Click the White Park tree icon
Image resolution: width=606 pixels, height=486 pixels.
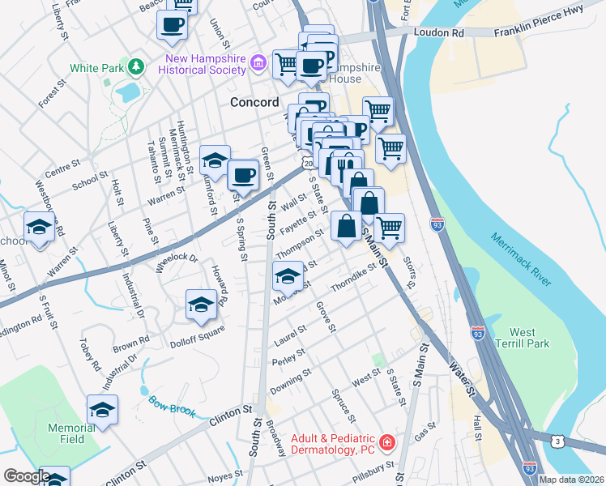pyautogui.click(x=137, y=67)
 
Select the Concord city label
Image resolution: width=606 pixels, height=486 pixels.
pyautogui.click(x=254, y=102)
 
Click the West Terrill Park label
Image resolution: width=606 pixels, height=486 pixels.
pyautogui.click(x=528, y=338)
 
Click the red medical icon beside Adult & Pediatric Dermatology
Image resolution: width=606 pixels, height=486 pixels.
pyautogui.click(x=387, y=442)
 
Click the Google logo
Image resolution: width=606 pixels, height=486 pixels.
pyautogui.click(x=27, y=476)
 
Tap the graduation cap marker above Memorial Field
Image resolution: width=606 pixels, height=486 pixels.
pyautogui.click(x=103, y=410)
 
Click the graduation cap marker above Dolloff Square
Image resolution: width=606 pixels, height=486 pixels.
pyautogui.click(x=201, y=305)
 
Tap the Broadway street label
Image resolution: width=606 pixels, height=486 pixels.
pyautogui.click(x=276, y=438)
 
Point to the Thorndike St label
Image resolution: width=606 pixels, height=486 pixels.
pyautogui.click(x=355, y=278)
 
